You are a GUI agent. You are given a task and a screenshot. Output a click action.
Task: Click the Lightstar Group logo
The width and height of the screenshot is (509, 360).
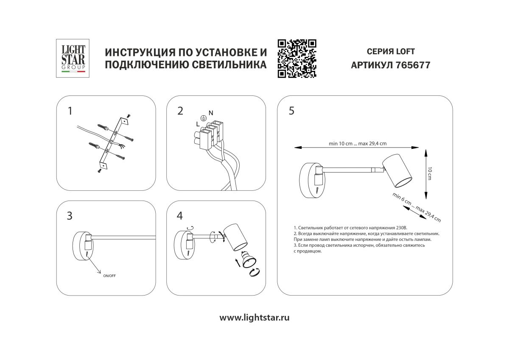pos(71,58)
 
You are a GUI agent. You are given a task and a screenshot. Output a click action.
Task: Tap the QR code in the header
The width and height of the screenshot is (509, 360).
pos(297,59)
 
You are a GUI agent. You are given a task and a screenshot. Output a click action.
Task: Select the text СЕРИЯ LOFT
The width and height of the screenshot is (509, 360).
pos(390,52)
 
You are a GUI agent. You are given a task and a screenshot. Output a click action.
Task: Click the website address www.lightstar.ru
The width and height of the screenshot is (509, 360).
pos(255,317)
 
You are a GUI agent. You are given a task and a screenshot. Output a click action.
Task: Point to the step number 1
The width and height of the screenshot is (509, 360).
pos(70,111)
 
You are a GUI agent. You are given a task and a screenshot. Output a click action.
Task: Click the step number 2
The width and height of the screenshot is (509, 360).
pos(180,111)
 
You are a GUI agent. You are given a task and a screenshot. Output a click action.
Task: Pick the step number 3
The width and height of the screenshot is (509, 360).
pos(70,216)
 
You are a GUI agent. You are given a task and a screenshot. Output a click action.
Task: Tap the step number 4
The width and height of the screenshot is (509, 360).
pos(180,216)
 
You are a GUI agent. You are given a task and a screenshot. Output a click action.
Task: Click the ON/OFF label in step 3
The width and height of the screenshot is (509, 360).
pos(109,276)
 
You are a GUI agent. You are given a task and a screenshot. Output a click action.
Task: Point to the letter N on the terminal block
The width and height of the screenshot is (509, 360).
pos(211,112)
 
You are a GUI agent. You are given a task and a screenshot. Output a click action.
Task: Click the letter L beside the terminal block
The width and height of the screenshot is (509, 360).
pos(198,124)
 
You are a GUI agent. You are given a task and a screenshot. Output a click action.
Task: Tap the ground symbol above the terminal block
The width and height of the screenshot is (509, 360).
pos(203,119)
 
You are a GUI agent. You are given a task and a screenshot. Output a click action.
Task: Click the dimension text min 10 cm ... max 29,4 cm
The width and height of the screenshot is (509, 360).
pos(357,143)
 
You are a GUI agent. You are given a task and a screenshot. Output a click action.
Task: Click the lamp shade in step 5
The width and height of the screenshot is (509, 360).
pos(397,171)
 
